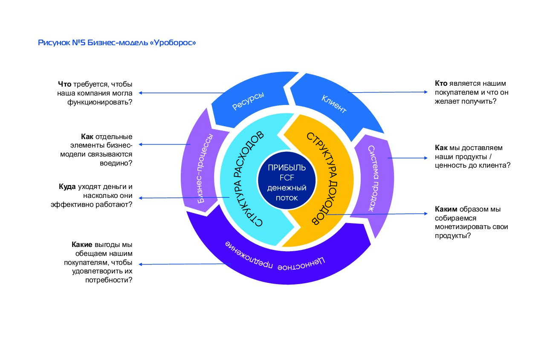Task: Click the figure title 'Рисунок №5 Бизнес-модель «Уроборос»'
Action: click(x=117, y=43)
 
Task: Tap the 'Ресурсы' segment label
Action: click(x=248, y=101)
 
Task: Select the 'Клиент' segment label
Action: click(x=334, y=103)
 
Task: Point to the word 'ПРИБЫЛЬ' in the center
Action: click(x=287, y=168)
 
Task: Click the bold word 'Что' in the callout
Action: click(x=64, y=84)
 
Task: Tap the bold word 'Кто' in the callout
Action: click(x=441, y=83)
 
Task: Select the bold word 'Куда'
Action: click(x=67, y=187)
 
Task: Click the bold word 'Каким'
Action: click(x=446, y=209)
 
